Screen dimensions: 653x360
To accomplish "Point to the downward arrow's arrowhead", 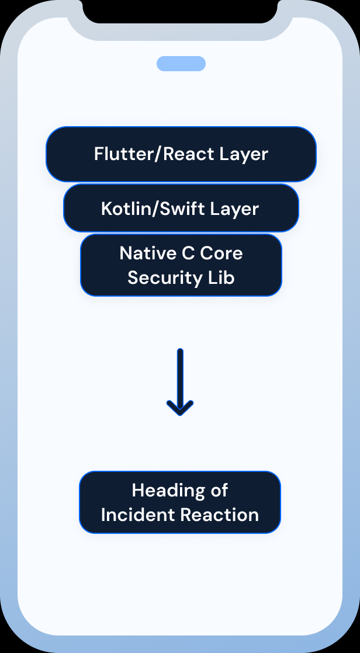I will (x=180, y=409).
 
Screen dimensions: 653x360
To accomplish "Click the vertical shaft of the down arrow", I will (x=180, y=374).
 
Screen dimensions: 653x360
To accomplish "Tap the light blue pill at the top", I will (x=181, y=64).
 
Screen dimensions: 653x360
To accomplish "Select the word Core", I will (x=221, y=253).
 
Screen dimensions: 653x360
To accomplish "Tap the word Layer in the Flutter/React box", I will (x=244, y=154).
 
